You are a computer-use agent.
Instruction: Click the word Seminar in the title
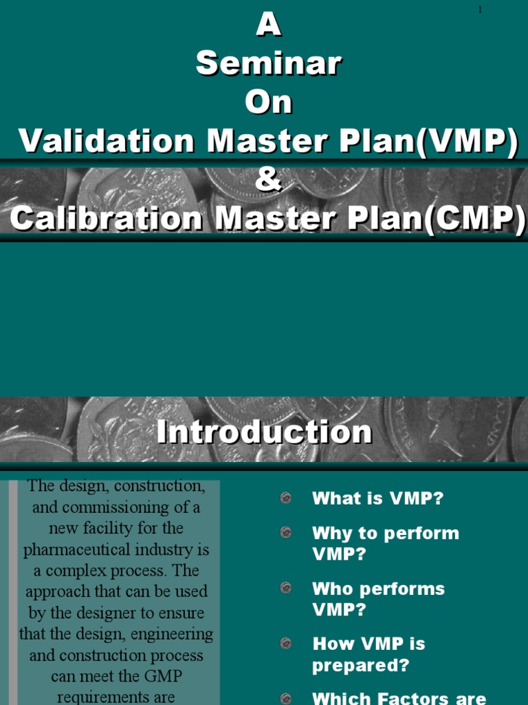tap(269, 64)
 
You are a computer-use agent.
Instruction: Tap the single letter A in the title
tap(269, 26)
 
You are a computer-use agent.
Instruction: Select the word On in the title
tap(269, 103)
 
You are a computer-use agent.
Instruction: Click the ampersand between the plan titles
tap(269, 181)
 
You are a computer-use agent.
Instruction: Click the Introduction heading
tap(264, 432)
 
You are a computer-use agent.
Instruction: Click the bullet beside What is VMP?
tap(286, 498)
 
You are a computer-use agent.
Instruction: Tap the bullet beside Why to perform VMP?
tap(286, 533)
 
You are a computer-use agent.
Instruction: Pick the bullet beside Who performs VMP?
tap(286, 589)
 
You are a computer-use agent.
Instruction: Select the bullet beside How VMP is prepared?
tap(286, 644)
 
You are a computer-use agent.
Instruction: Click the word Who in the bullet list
tap(333, 589)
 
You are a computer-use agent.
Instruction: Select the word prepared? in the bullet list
tap(360, 666)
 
